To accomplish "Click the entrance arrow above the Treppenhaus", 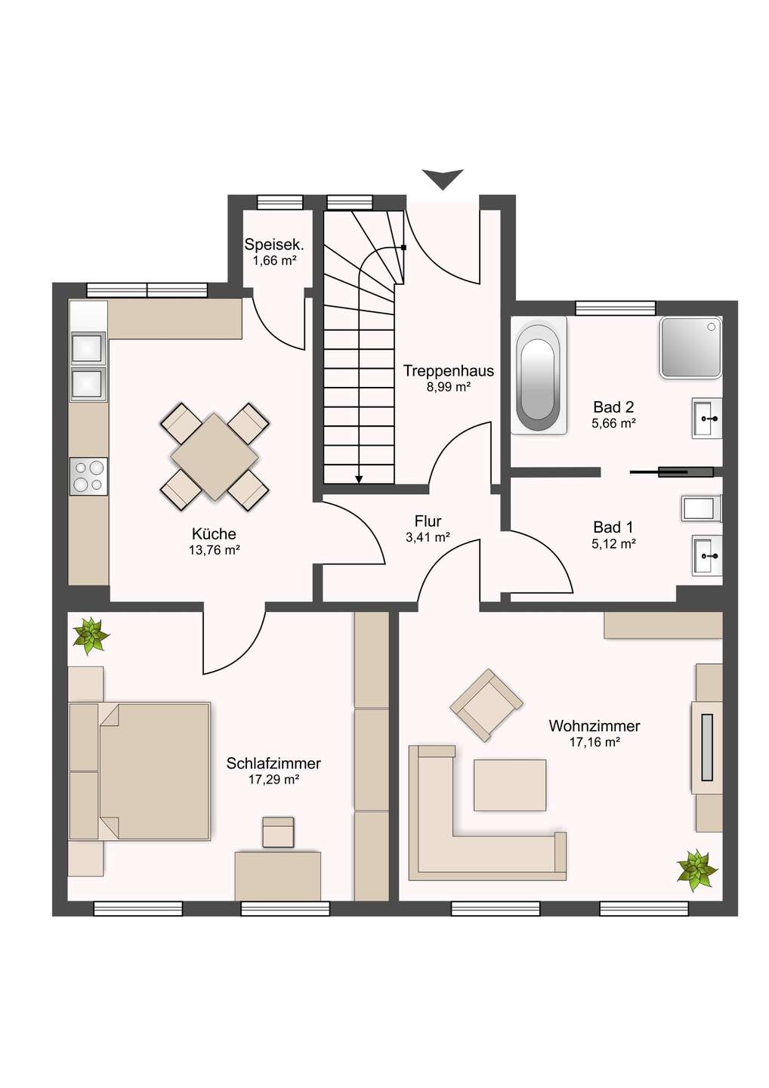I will click(x=443, y=179).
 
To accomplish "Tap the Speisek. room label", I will click(x=274, y=245).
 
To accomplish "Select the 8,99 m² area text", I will click(x=449, y=387).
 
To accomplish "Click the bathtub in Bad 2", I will click(x=538, y=375).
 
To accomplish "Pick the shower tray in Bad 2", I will click(x=690, y=347).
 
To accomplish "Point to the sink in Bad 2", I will click(x=707, y=418).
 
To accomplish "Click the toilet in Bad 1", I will click(x=701, y=508).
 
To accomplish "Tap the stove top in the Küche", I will click(x=88, y=476).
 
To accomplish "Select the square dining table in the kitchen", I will click(x=215, y=456).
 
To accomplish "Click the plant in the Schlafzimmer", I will click(x=91, y=635).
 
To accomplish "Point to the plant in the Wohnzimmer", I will click(x=696, y=870).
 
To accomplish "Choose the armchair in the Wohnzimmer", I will click(x=486, y=704).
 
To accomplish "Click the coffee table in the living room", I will click(x=510, y=785).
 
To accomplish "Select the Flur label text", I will click(x=428, y=521).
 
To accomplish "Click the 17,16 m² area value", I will click(x=595, y=742).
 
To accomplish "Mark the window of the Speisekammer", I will click(x=279, y=202).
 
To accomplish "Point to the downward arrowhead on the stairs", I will click(x=359, y=478).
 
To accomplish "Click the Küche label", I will click(x=214, y=534).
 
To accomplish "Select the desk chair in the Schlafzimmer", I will click(x=278, y=832).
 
